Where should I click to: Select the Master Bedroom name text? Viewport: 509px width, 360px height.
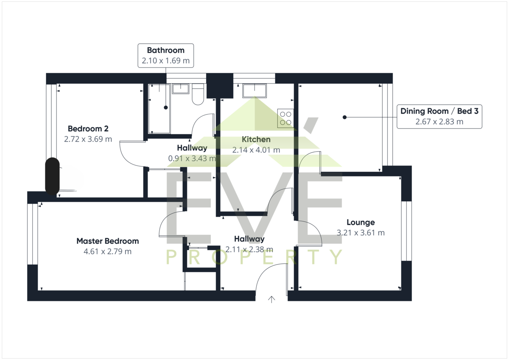coord(107,241)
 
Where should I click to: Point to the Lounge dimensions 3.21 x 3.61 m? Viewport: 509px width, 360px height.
coord(361,233)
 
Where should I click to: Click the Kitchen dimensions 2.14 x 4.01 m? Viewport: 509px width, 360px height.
coord(256,150)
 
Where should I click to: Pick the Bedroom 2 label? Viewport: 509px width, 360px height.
coord(88,128)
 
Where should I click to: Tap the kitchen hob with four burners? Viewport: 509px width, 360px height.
coord(285,118)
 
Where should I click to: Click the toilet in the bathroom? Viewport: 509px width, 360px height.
coord(198,94)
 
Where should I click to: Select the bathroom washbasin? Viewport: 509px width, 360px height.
coord(180,89)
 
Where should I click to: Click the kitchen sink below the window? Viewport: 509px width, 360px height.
coord(255,91)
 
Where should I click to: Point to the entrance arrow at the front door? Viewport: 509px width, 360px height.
coord(271,299)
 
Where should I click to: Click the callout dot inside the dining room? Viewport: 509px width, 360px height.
coord(344,117)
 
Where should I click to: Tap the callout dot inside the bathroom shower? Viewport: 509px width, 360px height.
coord(166,107)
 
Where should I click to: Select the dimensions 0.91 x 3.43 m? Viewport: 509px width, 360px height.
coord(192,158)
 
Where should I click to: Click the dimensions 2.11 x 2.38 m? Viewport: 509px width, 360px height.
coord(249,249)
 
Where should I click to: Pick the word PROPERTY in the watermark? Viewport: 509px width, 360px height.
coord(254,257)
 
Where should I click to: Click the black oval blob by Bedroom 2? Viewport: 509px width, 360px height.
coord(52,176)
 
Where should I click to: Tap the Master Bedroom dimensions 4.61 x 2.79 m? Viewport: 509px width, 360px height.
coord(107,251)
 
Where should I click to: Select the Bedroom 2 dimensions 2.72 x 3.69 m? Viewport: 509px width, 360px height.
coord(88,139)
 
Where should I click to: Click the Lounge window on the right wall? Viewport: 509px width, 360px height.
coord(406,231)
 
